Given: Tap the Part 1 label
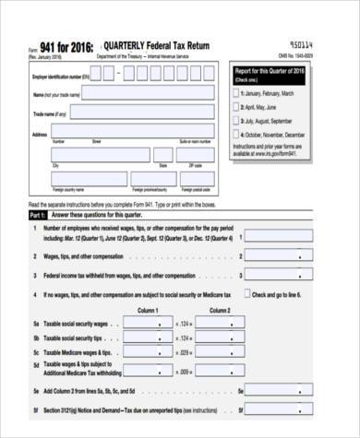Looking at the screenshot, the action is click(38, 212).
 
